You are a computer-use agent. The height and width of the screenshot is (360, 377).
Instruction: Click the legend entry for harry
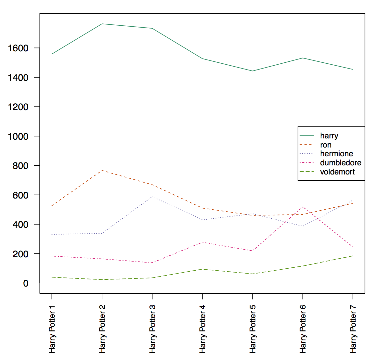click(x=329, y=136)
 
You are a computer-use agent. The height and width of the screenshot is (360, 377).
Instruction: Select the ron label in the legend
click(x=326, y=145)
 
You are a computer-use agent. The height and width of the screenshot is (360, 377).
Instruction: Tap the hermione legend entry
click(x=336, y=154)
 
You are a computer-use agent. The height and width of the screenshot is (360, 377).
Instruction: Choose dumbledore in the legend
click(x=341, y=163)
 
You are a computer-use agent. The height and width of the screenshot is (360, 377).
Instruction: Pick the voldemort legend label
click(x=337, y=172)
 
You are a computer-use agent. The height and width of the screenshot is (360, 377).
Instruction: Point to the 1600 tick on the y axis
click(x=18, y=48)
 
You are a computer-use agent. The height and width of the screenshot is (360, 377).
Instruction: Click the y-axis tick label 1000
click(x=18, y=136)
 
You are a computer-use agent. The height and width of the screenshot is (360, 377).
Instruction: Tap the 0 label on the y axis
click(x=26, y=283)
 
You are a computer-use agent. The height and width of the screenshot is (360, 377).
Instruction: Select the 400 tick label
click(x=20, y=225)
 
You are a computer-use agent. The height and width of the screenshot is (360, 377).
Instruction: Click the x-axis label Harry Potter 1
click(x=52, y=329)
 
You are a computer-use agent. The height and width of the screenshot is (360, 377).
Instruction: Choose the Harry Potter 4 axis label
click(x=202, y=329)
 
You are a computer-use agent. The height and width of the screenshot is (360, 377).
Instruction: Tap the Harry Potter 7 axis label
click(x=353, y=329)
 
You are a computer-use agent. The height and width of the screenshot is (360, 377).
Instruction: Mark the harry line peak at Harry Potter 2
click(x=102, y=24)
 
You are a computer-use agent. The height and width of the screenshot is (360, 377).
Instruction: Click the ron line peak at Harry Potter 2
click(x=102, y=170)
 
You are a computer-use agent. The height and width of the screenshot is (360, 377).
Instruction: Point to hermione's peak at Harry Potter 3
click(x=152, y=197)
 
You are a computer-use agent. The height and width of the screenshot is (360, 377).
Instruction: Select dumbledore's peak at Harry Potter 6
click(x=303, y=207)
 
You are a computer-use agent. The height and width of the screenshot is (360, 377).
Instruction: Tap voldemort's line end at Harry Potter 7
click(x=353, y=256)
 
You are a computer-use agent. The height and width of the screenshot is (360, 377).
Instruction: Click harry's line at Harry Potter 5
click(x=253, y=71)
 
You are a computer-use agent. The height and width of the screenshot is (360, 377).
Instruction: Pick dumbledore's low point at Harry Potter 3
click(x=152, y=263)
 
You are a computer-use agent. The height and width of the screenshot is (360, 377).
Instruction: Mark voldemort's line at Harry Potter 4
click(x=202, y=269)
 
